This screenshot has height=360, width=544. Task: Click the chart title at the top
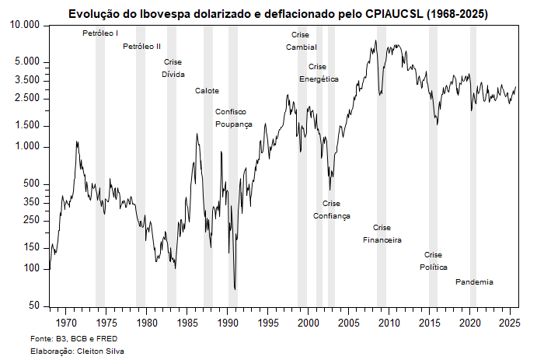click(278, 14)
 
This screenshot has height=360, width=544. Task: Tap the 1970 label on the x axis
click(66, 322)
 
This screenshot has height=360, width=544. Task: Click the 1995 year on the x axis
click(268, 322)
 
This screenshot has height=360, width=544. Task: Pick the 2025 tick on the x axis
click(510, 322)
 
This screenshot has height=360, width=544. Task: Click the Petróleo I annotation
click(100, 33)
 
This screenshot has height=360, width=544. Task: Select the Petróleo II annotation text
click(142, 47)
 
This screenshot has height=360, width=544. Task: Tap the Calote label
click(207, 91)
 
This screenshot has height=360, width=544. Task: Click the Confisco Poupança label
click(234, 118)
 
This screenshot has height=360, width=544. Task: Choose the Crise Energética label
click(319, 73)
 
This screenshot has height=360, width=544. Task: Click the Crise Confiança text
click(331, 210)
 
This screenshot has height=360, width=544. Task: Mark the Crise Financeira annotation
click(382, 234)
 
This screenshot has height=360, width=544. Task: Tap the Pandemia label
click(474, 282)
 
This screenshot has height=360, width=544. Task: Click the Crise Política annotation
click(434, 261)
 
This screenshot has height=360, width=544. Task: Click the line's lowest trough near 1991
click(235, 289)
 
